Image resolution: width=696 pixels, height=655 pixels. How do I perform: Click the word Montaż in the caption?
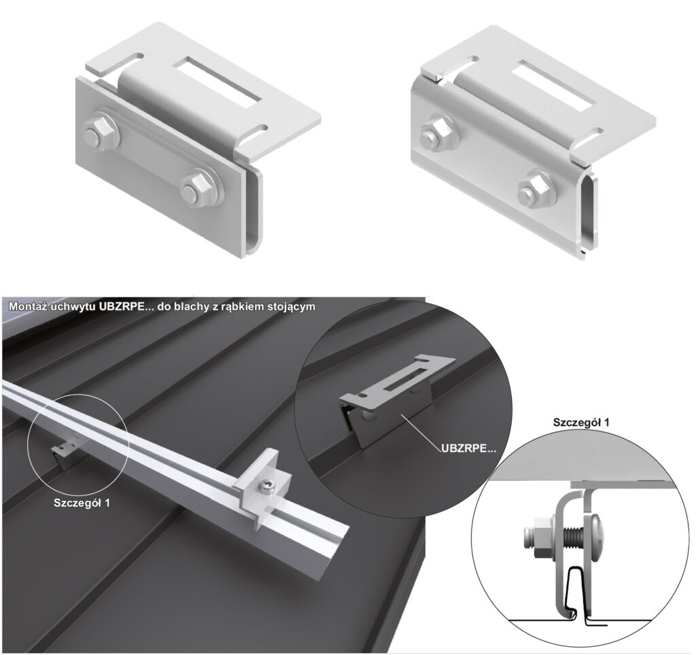click(29, 306)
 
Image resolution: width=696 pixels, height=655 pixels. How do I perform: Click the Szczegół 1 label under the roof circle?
click(82, 503)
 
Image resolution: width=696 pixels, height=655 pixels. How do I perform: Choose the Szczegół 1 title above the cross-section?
click(581, 422)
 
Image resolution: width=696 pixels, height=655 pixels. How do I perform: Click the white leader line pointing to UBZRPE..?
click(421, 431)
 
